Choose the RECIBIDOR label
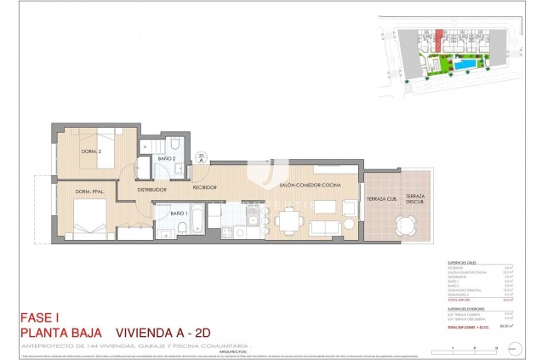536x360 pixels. [205, 186]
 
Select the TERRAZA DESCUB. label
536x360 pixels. [416, 200]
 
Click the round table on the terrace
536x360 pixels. [404, 226]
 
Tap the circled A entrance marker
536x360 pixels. [201, 157]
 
